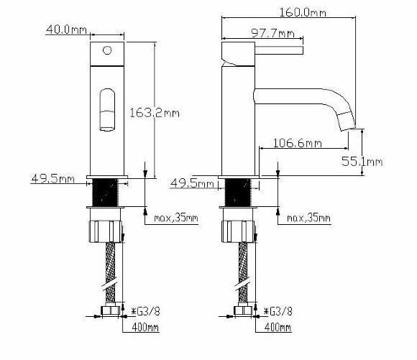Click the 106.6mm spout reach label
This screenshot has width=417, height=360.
click(x=298, y=144)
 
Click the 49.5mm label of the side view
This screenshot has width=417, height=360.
click(x=191, y=183)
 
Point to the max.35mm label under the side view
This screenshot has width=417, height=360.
click(x=308, y=218)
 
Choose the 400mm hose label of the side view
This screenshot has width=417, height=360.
click(x=278, y=328)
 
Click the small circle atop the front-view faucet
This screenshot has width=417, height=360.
click(x=107, y=50)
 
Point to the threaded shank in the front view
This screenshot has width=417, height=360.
click(x=107, y=193)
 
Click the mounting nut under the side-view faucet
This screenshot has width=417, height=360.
click(x=239, y=231)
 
